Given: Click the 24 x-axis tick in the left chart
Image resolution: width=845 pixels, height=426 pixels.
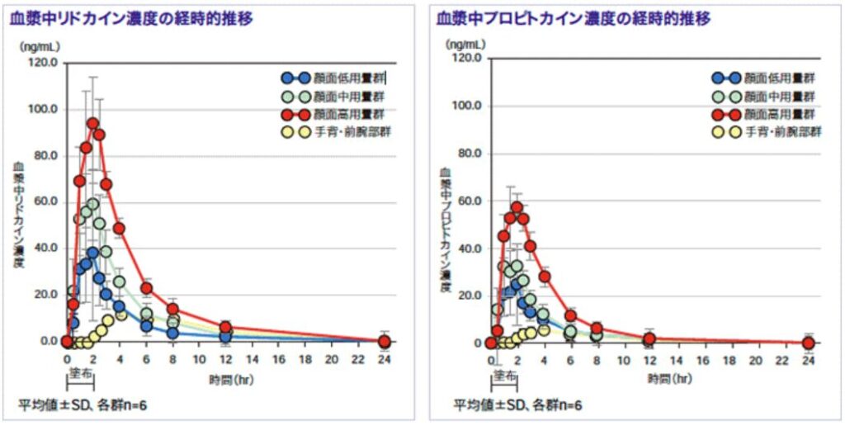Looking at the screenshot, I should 384,359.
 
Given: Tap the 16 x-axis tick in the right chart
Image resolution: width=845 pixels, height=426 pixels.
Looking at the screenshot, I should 703,361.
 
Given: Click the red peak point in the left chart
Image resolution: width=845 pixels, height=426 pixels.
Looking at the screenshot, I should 92,124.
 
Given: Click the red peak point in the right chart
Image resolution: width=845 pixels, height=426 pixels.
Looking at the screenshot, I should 517,207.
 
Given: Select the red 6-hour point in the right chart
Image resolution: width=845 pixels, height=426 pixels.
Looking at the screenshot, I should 570,316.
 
